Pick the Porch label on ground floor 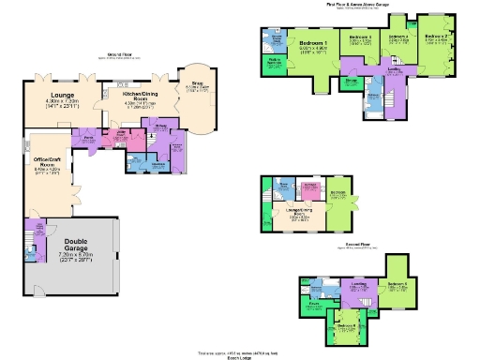coord(89,136)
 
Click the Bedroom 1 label coord(313,45)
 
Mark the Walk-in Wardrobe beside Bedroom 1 coord(277,64)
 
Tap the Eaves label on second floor coord(316,306)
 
